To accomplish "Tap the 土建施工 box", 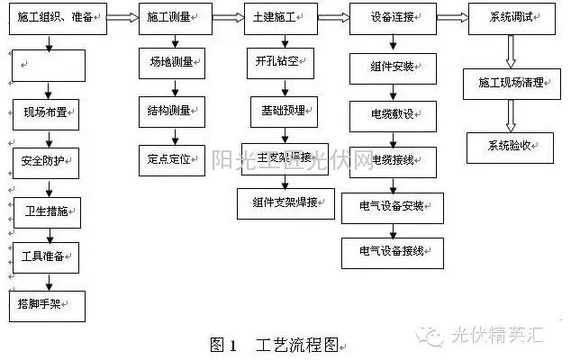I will [282, 17].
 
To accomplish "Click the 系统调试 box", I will [510, 17].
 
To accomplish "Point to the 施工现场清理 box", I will [511, 83].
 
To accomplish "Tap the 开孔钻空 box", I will [281, 62].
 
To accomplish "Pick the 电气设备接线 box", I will [393, 251].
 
